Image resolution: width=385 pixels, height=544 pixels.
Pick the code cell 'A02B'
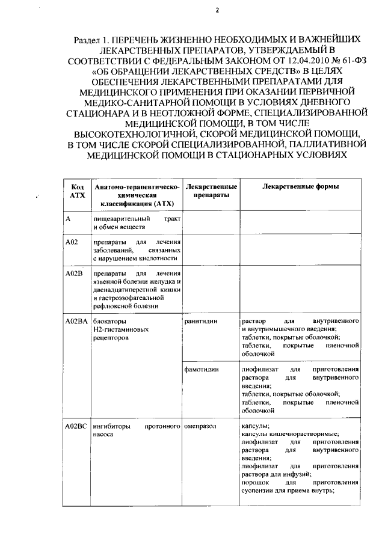[73, 274]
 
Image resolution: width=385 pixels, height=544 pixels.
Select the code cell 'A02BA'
[76, 322]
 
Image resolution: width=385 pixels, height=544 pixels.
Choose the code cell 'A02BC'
[76, 426]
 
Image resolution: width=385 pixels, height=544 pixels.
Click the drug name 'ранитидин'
[201, 322]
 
